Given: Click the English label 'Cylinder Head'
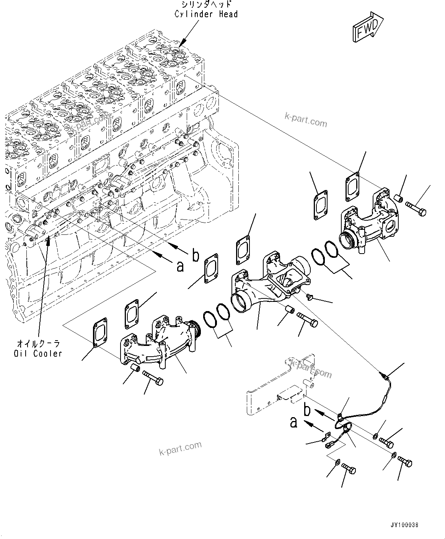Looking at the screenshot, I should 206,14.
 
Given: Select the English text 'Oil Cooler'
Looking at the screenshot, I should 37,353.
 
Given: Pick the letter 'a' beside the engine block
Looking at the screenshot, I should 180,265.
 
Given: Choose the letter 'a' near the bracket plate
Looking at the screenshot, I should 293,422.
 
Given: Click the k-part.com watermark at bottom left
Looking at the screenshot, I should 180,449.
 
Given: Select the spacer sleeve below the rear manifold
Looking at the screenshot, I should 135,369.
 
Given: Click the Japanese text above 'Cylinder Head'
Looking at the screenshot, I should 206,5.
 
